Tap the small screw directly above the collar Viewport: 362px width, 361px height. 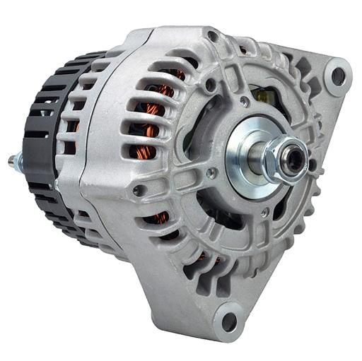(244, 102)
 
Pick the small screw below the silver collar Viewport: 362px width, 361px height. (264, 212)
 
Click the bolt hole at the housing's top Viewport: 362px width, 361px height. (213, 35)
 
